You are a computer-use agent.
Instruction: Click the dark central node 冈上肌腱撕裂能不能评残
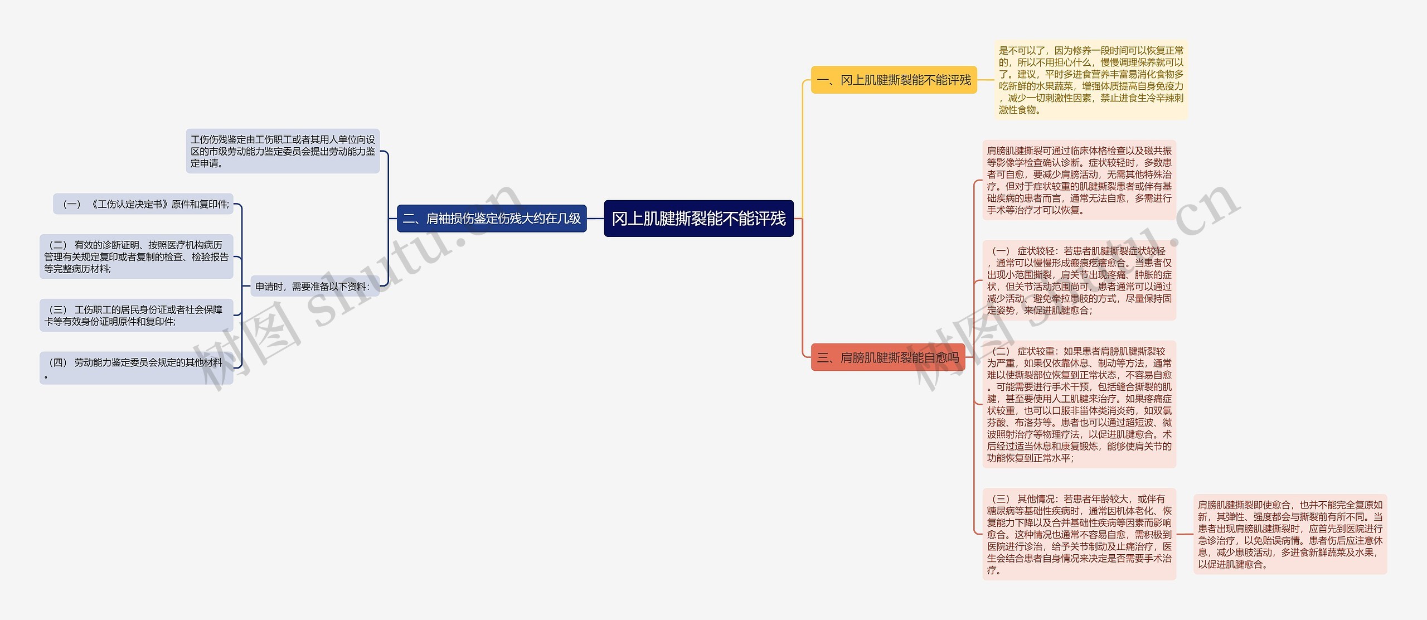click(x=698, y=219)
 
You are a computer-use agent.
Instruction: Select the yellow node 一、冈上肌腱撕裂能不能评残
click(x=894, y=80)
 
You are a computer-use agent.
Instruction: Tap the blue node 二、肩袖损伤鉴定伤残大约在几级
click(x=491, y=219)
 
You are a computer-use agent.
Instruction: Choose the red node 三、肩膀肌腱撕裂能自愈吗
click(x=887, y=357)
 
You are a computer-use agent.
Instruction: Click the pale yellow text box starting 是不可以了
click(x=1091, y=80)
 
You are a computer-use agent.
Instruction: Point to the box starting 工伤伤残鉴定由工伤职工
click(x=283, y=151)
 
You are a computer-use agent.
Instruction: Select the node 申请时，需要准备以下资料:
click(x=313, y=287)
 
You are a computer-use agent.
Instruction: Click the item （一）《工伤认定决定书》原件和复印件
click(x=143, y=204)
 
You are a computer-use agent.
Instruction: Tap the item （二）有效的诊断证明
click(x=136, y=257)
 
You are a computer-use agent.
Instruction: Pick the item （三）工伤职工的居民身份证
click(x=136, y=316)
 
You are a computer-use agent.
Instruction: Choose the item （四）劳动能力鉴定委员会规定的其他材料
click(x=136, y=368)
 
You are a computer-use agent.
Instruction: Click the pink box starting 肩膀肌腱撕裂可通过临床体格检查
click(x=1079, y=180)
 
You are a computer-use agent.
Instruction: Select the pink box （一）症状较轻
click(x=1079, y=280)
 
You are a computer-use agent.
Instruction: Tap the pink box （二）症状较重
click(x=1079, y=404)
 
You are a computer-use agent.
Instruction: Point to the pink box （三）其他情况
click(x=1079, y=534)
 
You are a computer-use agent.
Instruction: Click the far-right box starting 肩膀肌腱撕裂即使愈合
click(x=1290, y=534)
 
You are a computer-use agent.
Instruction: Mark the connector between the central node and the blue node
click(x=595, y=219)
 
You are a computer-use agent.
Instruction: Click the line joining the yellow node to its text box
click(x=986, y=80)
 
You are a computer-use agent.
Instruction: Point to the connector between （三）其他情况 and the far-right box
click(x=1185, y=534)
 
